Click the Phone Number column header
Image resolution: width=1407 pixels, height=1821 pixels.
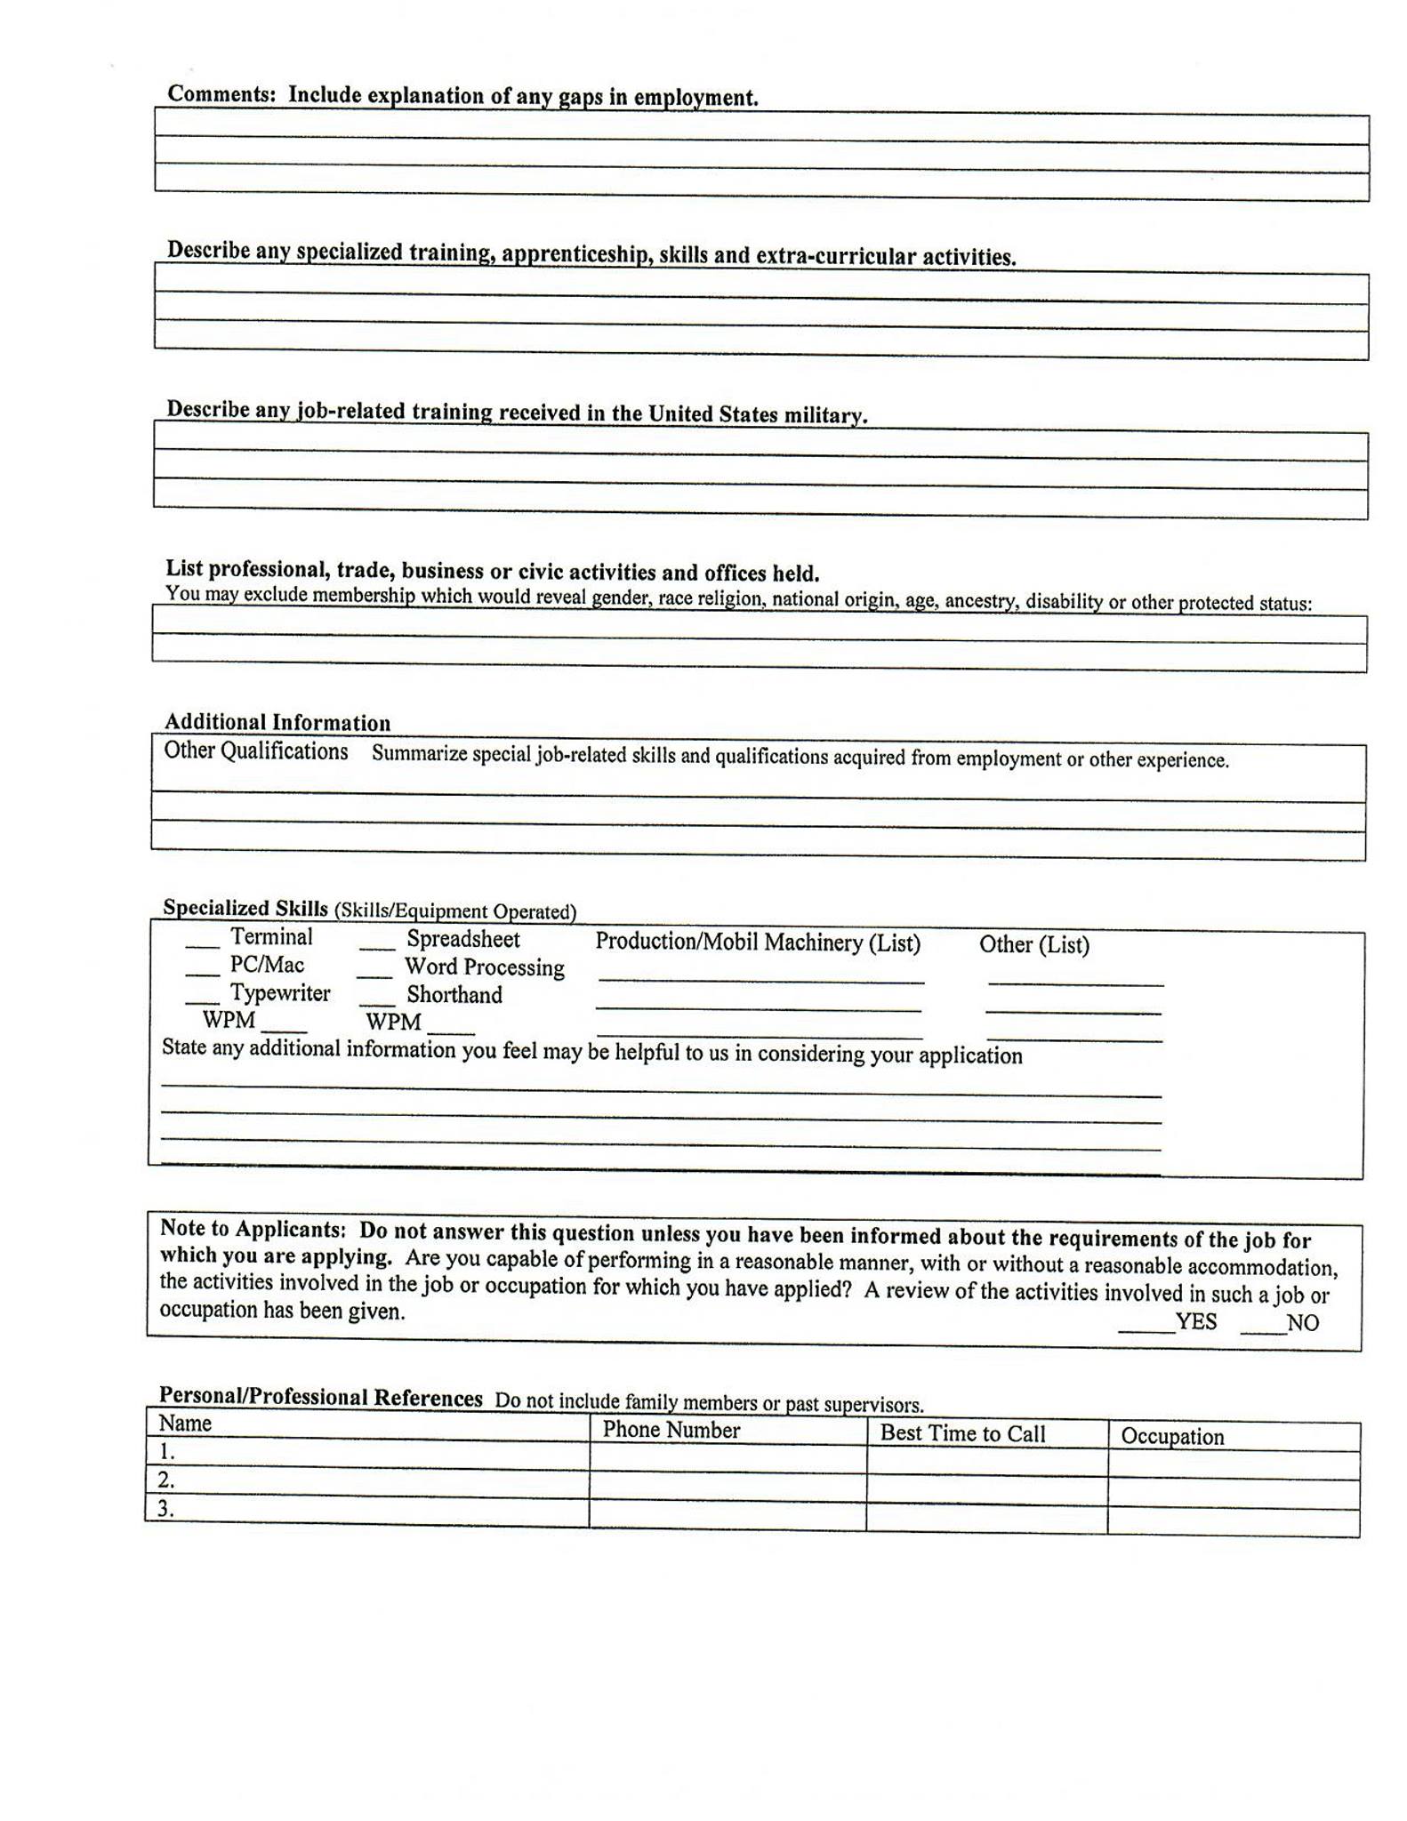click(671, 1430)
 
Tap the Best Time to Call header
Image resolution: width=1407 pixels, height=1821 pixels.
click(962, 1433)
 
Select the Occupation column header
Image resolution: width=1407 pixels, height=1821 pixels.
click(1172, 1436)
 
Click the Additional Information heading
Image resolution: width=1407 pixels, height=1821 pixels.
click(277, 722)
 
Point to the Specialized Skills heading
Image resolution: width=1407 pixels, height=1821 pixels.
click(245, 908)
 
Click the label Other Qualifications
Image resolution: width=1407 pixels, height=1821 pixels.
click(256, 751)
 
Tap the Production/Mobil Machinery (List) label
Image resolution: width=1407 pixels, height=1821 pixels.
click(758, 943)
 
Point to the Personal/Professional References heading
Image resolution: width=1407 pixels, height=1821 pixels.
click(320, 1397)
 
